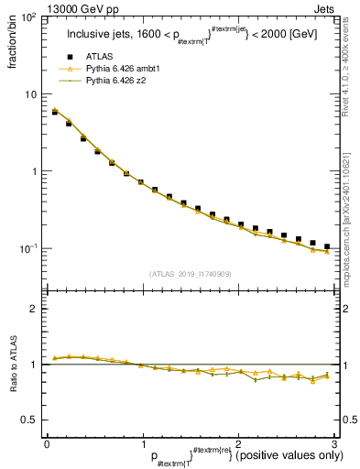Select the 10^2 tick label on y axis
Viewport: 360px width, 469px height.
click(x=27, y=18)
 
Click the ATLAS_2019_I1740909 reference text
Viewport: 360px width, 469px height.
click(x=190, y=273)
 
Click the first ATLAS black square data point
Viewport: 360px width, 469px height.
click(x=55, y=112)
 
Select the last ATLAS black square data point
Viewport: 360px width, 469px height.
click(x=327, y=246)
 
